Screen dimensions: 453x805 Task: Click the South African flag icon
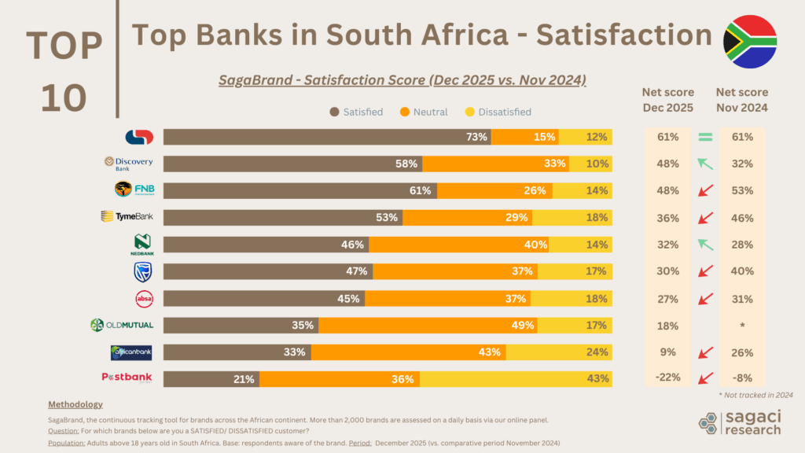coord(749,42)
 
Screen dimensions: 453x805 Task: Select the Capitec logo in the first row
coord(139,137)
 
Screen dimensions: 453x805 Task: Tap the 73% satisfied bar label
coord(477,138)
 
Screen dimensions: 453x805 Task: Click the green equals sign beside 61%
coord(705,138)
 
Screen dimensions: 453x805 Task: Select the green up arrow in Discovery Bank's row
coord(705,164)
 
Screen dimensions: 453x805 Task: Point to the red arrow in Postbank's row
coord(705,378)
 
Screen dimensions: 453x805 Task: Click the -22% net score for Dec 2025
coord(667,378)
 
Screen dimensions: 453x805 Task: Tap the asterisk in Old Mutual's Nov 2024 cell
coord(743,325)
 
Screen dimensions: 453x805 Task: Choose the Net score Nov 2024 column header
coord(743,100)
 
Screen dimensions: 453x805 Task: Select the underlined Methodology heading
coord(75,404)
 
